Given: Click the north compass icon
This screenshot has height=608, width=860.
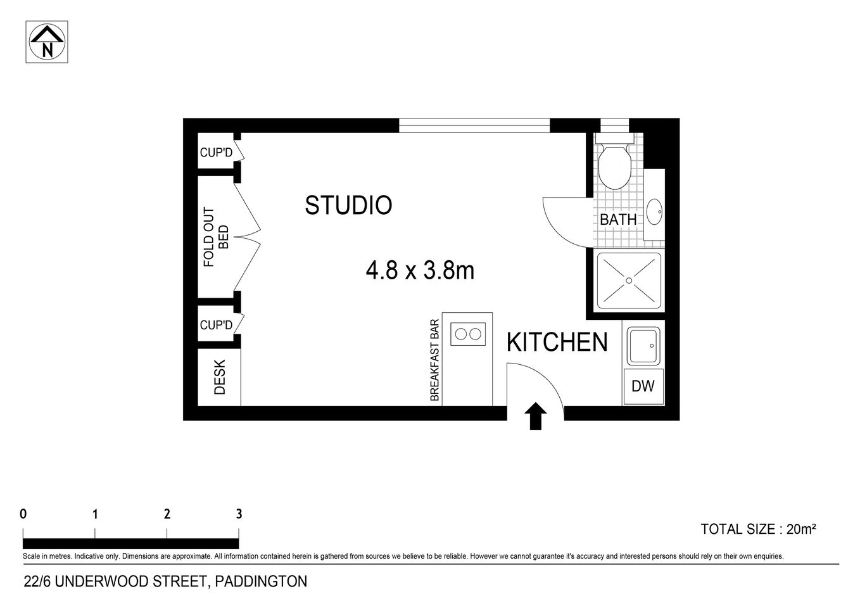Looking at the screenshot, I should [47, 42].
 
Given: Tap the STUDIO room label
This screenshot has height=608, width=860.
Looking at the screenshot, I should [348, 205].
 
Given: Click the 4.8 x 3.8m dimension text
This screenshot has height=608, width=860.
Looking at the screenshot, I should [420, 271].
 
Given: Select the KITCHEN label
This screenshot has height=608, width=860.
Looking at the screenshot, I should [557, 342].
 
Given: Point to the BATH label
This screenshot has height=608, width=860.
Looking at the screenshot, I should [617, 220].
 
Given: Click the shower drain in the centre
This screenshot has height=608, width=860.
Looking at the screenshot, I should [629, 280].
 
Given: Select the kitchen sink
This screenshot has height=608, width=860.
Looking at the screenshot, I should [643, 345].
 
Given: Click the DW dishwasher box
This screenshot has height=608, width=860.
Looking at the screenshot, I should [643, 386].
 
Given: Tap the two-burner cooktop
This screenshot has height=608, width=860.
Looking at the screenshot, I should [468, 334].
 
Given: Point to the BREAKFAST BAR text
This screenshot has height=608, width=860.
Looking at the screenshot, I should [435, 360].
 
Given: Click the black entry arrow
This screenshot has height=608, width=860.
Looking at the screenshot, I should [536, 415].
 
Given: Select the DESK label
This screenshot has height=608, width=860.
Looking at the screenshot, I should [220, 377].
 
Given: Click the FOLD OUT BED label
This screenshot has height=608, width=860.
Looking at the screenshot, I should [215, 237].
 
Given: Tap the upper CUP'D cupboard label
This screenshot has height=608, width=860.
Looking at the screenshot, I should [217, 153].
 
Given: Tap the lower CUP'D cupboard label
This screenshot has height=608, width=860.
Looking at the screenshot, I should [217, 325].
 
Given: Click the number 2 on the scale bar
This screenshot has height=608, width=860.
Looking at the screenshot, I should [167, 514].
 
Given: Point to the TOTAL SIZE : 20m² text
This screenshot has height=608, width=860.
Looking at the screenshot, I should [757, 529].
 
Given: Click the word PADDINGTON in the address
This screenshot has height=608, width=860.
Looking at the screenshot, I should [261, 581].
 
